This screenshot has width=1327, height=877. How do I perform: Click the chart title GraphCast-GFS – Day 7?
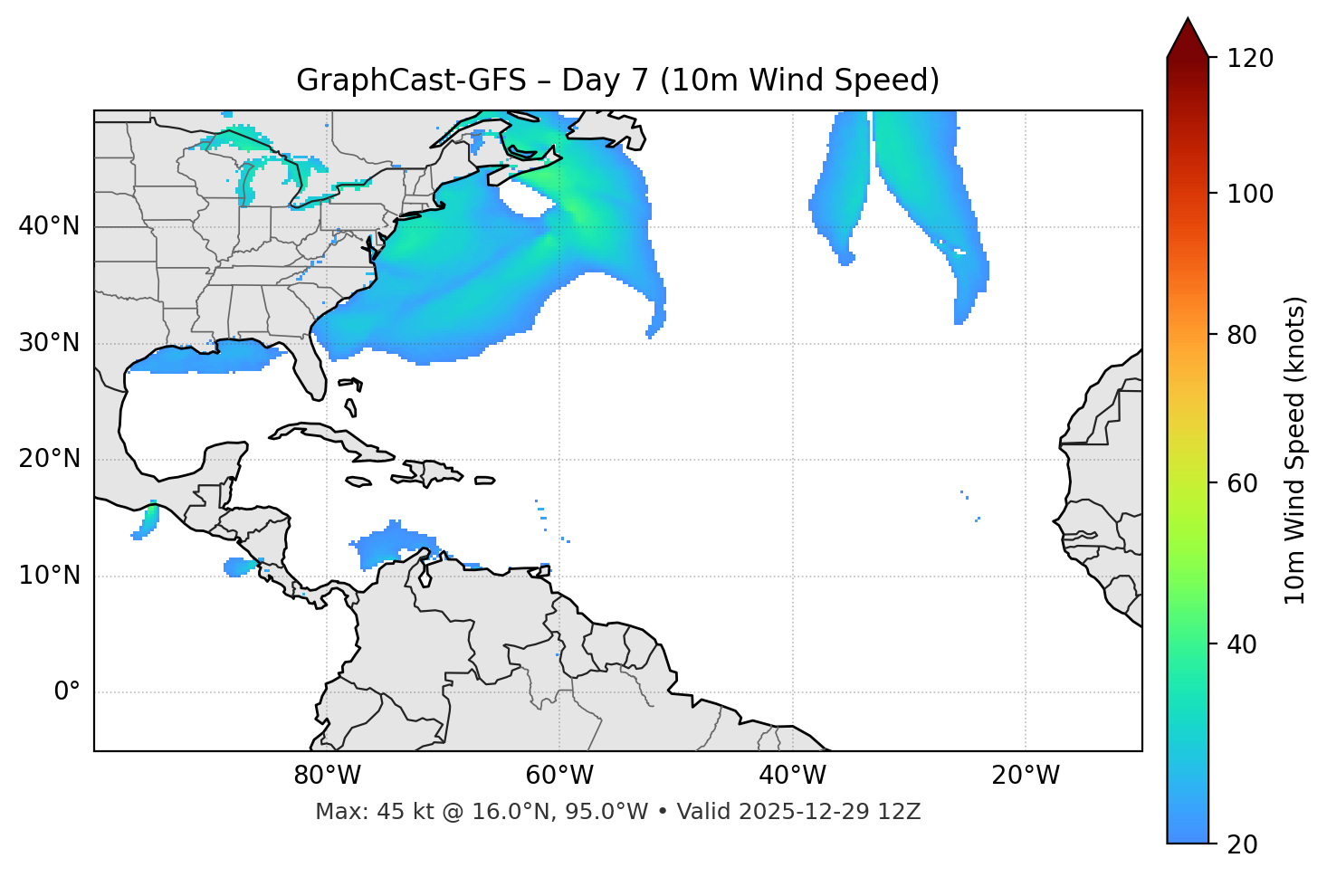click(617, 81)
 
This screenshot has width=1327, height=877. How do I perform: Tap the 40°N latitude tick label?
click(49, 226)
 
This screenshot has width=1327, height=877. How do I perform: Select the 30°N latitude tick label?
click(49, 343)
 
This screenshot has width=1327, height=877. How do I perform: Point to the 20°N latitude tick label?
click(49, 459)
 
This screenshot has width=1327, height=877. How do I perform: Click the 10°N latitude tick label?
click(49, 576)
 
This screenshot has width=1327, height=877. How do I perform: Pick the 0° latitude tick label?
click(67, 692)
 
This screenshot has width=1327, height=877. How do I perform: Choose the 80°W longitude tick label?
click(327, 776)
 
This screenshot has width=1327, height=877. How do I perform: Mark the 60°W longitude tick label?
click(559, 776)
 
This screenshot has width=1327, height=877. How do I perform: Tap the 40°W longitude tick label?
click(792, 776)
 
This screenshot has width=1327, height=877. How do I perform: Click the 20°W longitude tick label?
click(1025, 776)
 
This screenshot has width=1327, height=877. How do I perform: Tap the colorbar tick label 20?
click(1243, 844)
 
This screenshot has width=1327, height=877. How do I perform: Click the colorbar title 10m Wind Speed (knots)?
click(1295, 450)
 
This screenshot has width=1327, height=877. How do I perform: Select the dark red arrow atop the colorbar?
click(1188, 39)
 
